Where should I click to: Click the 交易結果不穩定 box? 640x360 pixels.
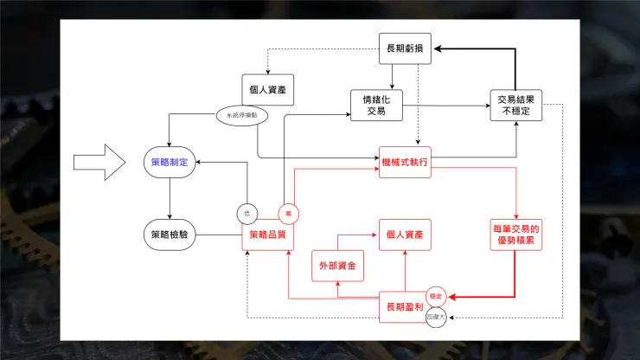pyautogui.click(x=515, y=105)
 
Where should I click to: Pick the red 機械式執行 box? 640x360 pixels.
pyautogui.click(x=405, y=162)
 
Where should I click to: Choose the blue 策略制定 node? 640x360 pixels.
pyautogui.click(x=170, y=162)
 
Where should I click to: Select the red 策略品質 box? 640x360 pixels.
pyautogui.click(x=268, y=235)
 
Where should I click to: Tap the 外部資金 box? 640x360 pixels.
pyautogui.click(x=337, y=265)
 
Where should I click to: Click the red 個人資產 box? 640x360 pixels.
pyautogui.click(x=405, y=235)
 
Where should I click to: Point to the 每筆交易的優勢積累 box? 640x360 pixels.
pyautogui.click(x=516, y=235)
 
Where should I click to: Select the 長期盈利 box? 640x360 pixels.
pyautogui.click(x=405, y=306)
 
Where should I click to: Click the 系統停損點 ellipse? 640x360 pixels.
pyautogui.click(x=242, y=114)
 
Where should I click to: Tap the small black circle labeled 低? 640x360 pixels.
pyautogui.click(x=246, y=213)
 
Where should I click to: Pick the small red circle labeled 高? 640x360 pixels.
pyautogui.click(x=288, y=213)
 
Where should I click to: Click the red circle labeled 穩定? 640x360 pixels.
pyautogui.click(x=436, y=296)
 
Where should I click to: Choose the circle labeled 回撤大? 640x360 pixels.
pyautogui.click(x=437, y=318)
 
